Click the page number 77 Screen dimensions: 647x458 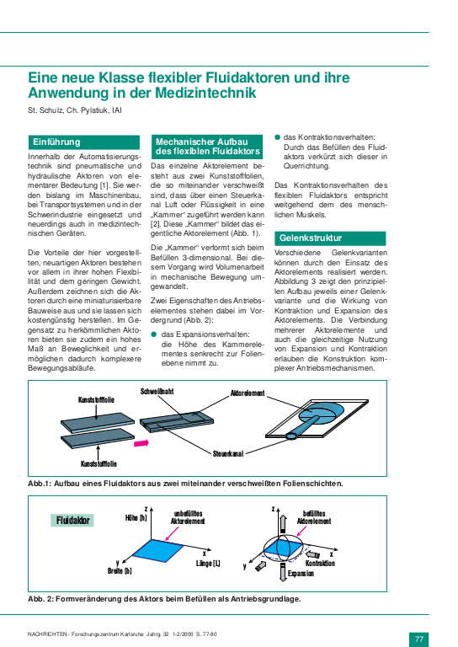tap(420, 638)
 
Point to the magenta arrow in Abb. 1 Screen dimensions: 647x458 tap(140, 441)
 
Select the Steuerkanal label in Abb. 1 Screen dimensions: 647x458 tap(228, 453)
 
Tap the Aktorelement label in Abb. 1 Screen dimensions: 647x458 tap(248, 393)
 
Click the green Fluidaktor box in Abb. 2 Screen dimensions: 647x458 tap(74, 521)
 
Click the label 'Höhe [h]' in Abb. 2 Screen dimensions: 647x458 tap(136, 517)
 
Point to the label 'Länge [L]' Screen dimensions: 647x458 tap(208, 562)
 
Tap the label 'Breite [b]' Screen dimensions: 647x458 tap(120, 570)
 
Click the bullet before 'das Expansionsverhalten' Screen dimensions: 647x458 tap(154, 334)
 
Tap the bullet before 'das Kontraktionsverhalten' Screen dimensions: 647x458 tap(278, 136)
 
